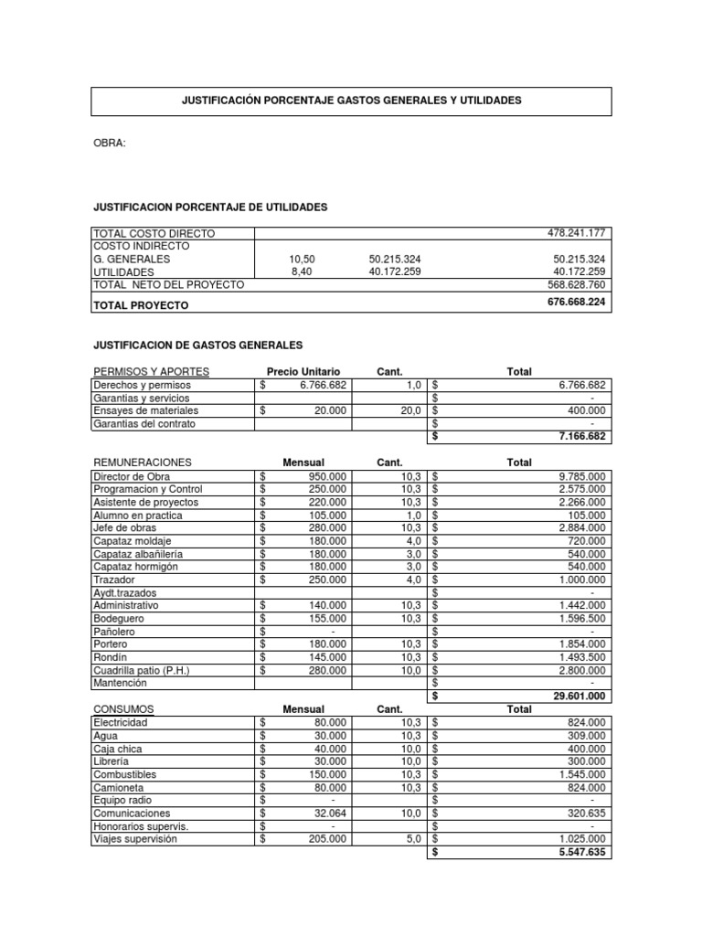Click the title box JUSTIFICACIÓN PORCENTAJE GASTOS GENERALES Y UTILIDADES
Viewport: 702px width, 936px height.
tap(351, 101)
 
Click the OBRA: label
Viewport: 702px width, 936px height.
tap(110, 144)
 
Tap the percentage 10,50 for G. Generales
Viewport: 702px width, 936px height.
tap(302, 260)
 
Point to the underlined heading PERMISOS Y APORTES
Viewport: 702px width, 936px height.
tap(152, 372)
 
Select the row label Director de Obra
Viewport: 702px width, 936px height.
tap(132, 476)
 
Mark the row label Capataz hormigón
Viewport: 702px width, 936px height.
tap(135, 567)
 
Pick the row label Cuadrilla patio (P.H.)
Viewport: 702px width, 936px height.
tap(142, 670)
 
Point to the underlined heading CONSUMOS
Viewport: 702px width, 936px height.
tap(124, 709)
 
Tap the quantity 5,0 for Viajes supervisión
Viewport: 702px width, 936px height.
tap(412, 838)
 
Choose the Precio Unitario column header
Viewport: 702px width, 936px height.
tap(303, 372)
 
